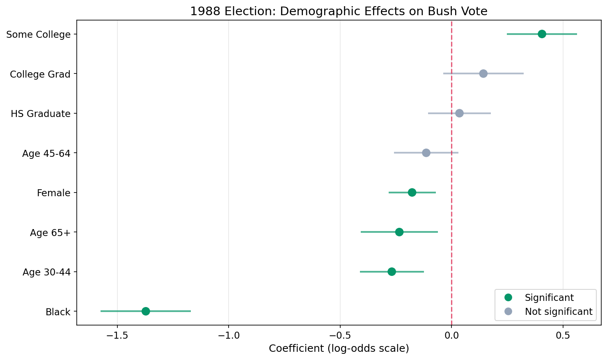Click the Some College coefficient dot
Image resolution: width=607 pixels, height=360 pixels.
click(x=542, y=34)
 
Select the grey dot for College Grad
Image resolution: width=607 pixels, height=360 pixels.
click(x=483, y=73)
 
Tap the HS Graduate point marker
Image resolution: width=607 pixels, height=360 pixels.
click(x=459, y=113)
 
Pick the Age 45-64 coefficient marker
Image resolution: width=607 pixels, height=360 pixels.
click(x=426, y=153)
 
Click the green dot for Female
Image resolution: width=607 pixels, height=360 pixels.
click(x=412, y=193)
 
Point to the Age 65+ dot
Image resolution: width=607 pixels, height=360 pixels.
click(x=399, y=232)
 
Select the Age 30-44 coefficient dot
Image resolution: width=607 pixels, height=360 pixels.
click(x=392, y=272)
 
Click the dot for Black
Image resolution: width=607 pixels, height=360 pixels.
click(x=146, y=311)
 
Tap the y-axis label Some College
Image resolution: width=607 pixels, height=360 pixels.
click(x=39, y=34)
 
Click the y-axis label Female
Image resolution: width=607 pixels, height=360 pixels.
click(x=53, y=193)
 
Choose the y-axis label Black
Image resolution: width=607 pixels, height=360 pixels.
click(x=58, y=312)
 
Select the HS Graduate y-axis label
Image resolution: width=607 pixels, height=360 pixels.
click(x=41, y=114)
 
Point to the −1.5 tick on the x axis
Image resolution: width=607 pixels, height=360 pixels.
click(x=117, y=335)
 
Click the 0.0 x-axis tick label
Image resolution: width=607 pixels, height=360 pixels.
click(x=451, y=335)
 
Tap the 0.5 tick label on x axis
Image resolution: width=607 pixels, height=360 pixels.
click(x=563, y=335)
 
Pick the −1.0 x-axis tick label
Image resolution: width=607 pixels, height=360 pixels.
click(x=229, y=335)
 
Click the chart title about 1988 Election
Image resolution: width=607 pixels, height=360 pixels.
click(x=339, y=11)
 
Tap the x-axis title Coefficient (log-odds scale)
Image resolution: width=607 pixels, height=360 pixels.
click(x=339, y=349)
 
